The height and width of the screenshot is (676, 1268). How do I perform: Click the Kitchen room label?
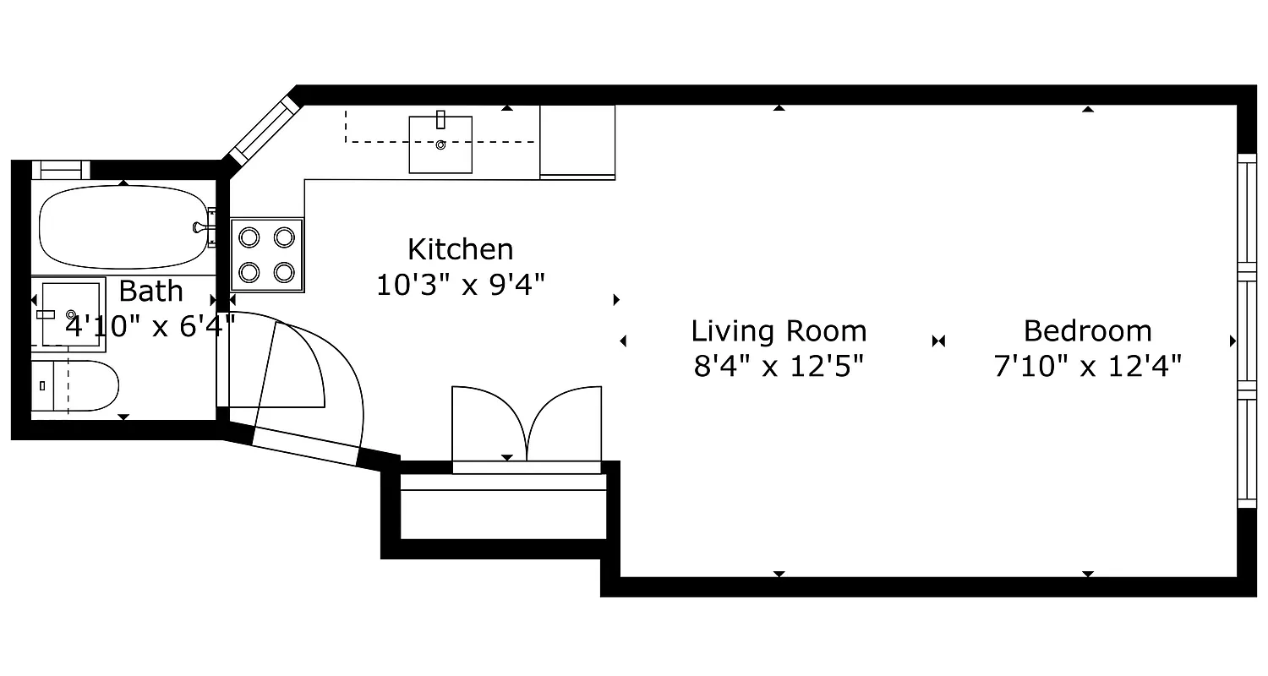pyautogui.click(x=460, y=249)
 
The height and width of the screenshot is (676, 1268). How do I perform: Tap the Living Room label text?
pyautogui.click(x=779, y=330)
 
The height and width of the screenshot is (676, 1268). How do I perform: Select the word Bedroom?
pyautogui.click(x=1087, y=330)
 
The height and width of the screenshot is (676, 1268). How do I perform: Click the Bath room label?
pyautogui.click(x=150, y=291)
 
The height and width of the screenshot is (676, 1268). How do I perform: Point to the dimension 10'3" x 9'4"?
pyautogui.click(x=460, y=285)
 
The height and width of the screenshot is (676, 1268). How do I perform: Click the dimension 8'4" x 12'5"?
pyautogui.click(x=779, y=367)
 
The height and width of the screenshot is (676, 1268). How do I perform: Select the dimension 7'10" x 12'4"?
pyautogui.click(x=1087, y=367)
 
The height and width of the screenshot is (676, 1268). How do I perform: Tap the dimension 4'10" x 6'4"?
pyautogui.click(x=150, y=325)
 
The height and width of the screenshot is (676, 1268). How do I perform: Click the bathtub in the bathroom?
pyautogui.click(x=122, y=226)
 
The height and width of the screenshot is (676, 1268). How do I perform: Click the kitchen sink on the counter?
pyautogui.click(x=440, y=144)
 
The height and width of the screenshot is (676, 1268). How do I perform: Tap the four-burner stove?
pyautogui.click(x=266, y=254)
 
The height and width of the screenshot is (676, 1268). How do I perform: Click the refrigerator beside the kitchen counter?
pyautogui.click(x=577, y=142)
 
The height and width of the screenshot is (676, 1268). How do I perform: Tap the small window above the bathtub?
pyautogui.click(x=60, y=169)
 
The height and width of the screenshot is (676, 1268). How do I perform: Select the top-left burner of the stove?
pyautogui.click(x=249, y=237)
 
